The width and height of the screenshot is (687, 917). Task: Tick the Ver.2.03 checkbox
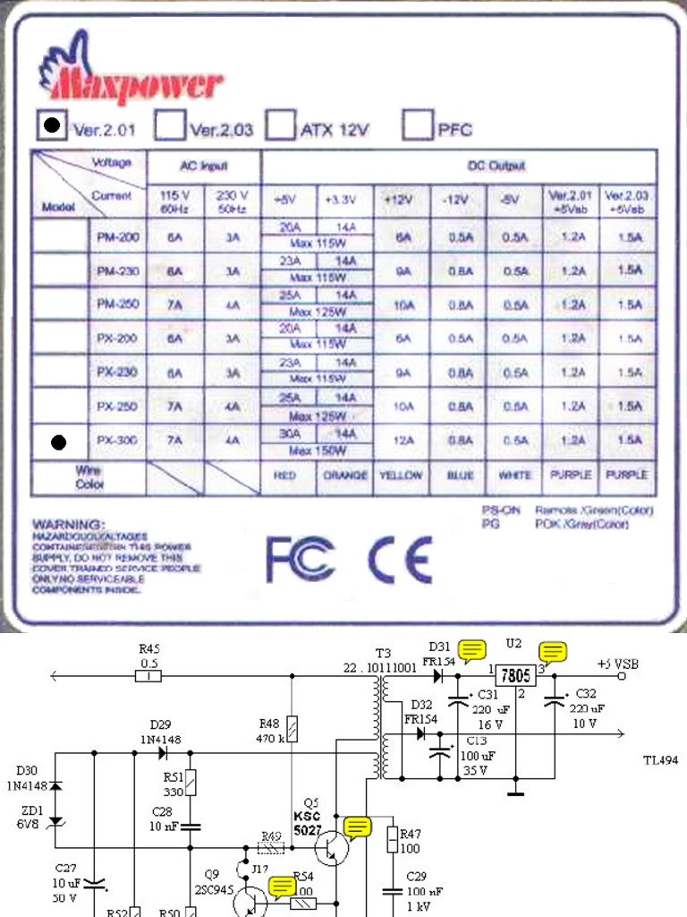(x=170, y=125)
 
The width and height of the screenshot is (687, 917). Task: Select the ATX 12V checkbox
(x=282, y=125)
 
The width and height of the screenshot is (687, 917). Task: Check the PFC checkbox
(x=418, y=125)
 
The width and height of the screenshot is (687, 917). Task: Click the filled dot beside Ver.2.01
(x=53, y=125)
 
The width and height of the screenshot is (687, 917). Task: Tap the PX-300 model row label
(x=117, y=441)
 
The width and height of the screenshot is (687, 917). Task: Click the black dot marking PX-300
(x=60, y=441)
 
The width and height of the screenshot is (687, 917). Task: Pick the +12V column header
(x=403, y=199)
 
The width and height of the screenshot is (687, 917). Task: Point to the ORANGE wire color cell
(x=345, y=476)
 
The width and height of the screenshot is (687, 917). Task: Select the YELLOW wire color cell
(x=403, y=476)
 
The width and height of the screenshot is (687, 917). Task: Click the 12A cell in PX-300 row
(x=403, y=441)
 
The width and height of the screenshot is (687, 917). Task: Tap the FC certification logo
(x=300, y=560)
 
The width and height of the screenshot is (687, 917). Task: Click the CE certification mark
(x=401, y=560)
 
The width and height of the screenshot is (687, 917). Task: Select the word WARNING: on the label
(x=68, y=523)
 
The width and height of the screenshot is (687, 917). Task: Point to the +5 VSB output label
(x=619, y=664)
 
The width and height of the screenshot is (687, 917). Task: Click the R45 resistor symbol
(x=149, y=677)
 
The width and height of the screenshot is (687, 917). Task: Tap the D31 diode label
(x=439, y=647)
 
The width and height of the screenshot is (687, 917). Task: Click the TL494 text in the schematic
(x=660, y=759)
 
